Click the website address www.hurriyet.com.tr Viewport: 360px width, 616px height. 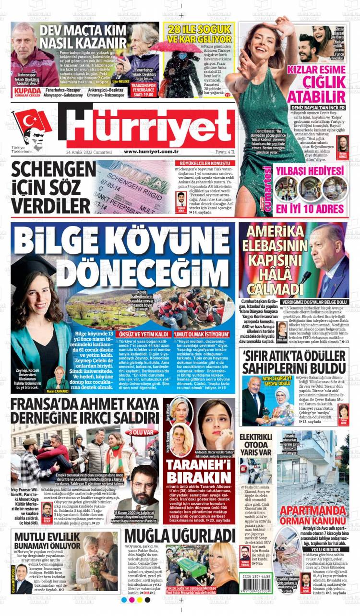pyautogui.click(x=151, y=151)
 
